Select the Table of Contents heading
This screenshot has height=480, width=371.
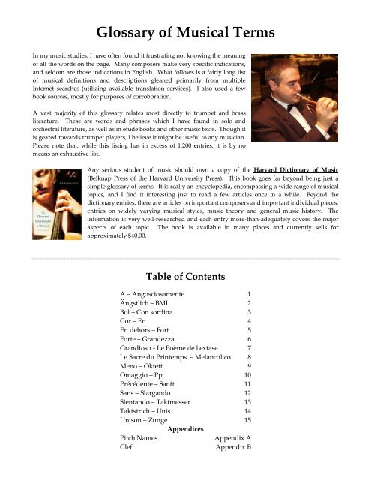[184, 276]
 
